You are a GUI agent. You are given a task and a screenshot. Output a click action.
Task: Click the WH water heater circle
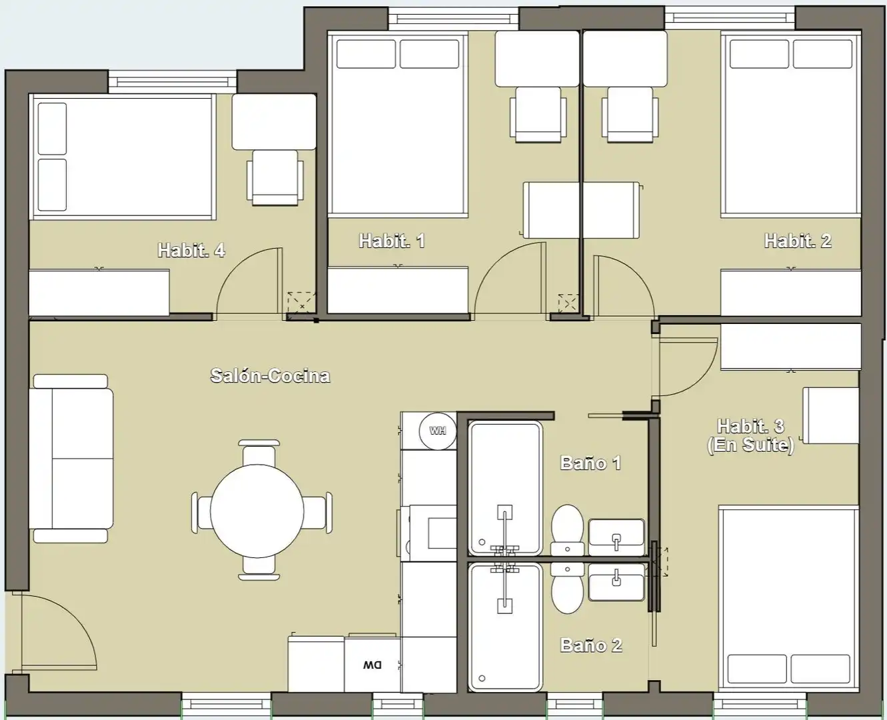point(437,431)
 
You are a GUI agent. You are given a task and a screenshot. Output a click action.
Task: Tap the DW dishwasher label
point(372,665)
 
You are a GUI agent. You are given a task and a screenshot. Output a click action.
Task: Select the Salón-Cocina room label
point(271,375)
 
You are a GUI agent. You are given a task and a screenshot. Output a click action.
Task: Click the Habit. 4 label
point(191,250)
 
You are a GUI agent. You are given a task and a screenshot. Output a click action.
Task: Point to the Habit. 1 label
point(392,241)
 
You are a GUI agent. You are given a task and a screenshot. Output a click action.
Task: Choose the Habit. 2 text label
point(798,241)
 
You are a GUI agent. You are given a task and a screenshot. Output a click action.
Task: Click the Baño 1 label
point(591,463)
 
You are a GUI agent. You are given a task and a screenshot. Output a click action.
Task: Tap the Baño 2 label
point(591,645)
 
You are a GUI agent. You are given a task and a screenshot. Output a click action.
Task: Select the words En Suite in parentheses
point(750,445)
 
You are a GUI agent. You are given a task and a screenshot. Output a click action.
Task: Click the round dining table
point(257,511)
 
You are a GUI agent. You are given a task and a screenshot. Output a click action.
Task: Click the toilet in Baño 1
point(567,530)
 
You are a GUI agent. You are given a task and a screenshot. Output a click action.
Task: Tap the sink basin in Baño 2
point(616,582)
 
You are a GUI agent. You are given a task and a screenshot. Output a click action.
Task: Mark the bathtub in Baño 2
point(504,627)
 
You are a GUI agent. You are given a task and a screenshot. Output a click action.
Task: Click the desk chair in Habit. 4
point(275,178)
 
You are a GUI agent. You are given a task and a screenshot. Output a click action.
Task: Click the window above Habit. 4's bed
point(173,82)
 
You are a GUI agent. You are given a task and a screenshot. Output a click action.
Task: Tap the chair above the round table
point(259,453)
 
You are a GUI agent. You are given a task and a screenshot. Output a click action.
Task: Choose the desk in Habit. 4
point(274,121)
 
